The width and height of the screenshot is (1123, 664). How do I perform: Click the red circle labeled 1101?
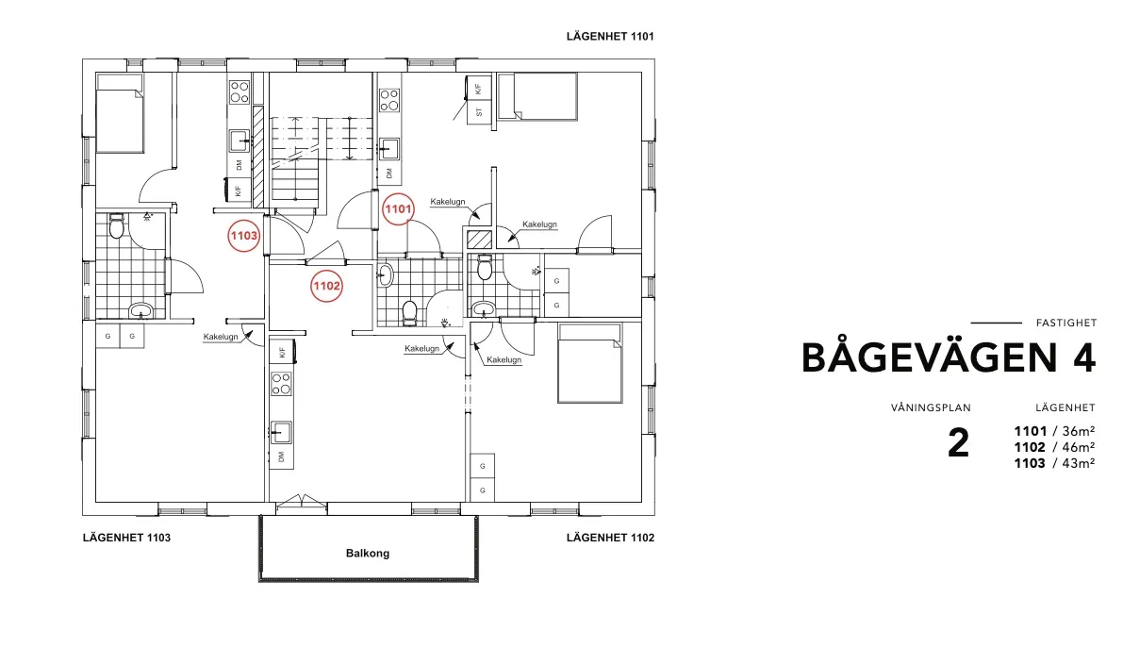[x=398, y=209]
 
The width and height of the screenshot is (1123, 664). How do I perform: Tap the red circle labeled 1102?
[x=326, y=286]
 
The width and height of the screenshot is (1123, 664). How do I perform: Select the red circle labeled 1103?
[x=243, y=236]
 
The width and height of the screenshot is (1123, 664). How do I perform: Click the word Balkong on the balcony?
[x=368, y=553]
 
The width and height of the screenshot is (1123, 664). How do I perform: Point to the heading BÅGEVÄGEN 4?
[x=949, y=357]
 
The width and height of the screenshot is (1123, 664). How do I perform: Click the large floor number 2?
[x=958, y=443]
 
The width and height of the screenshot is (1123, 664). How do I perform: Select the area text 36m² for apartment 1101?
[x=1078, y=431]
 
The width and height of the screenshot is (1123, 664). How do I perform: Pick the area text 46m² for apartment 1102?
[x=1078, y=447]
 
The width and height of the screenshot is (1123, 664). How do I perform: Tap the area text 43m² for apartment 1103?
[x=1078, y=463]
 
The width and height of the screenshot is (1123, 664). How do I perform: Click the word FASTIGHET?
[x=1065, y=324]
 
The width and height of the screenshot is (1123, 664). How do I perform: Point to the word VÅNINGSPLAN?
[x=931, y=407]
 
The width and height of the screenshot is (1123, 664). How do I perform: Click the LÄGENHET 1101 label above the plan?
[x=610, y=37]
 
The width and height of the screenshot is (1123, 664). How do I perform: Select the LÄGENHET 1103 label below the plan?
[x=126, y=538]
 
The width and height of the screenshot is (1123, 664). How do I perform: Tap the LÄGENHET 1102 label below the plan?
[x=610, y=538]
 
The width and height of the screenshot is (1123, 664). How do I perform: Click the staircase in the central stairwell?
[x=322, y=159]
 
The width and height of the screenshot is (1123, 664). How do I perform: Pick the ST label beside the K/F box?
[x=479, y=112]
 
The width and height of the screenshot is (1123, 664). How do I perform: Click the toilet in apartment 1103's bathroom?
[x=117, y=225]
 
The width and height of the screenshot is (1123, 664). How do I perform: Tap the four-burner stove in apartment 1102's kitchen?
[x=281, y=383]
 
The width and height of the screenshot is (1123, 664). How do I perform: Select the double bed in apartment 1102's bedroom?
[x=589, y=363]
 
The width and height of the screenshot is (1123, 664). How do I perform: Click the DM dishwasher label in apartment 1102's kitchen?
[x=281, y=456]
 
